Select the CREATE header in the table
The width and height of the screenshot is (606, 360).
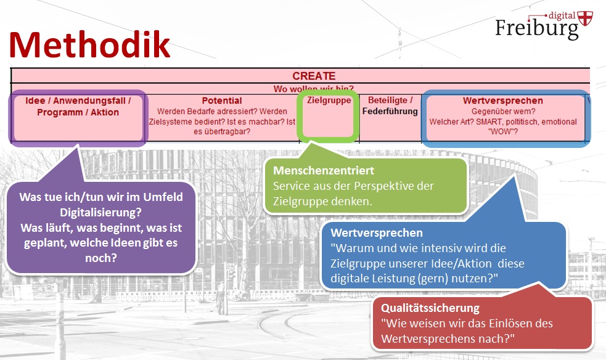coord(314,76)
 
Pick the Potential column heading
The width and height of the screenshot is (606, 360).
coord(222,100)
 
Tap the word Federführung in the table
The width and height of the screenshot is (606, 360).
coord(390,112)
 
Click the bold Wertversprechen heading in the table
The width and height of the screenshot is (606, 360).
coord(503,100)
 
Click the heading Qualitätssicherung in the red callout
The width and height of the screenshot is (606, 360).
coord(430,308)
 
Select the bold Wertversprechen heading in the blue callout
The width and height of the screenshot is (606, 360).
coord(377,234)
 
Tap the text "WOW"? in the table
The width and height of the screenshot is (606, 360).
coord(502,131)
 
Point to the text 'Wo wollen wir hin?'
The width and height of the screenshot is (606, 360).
coord(314,89)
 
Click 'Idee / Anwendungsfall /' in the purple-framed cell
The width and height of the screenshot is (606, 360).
coord(78,100)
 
